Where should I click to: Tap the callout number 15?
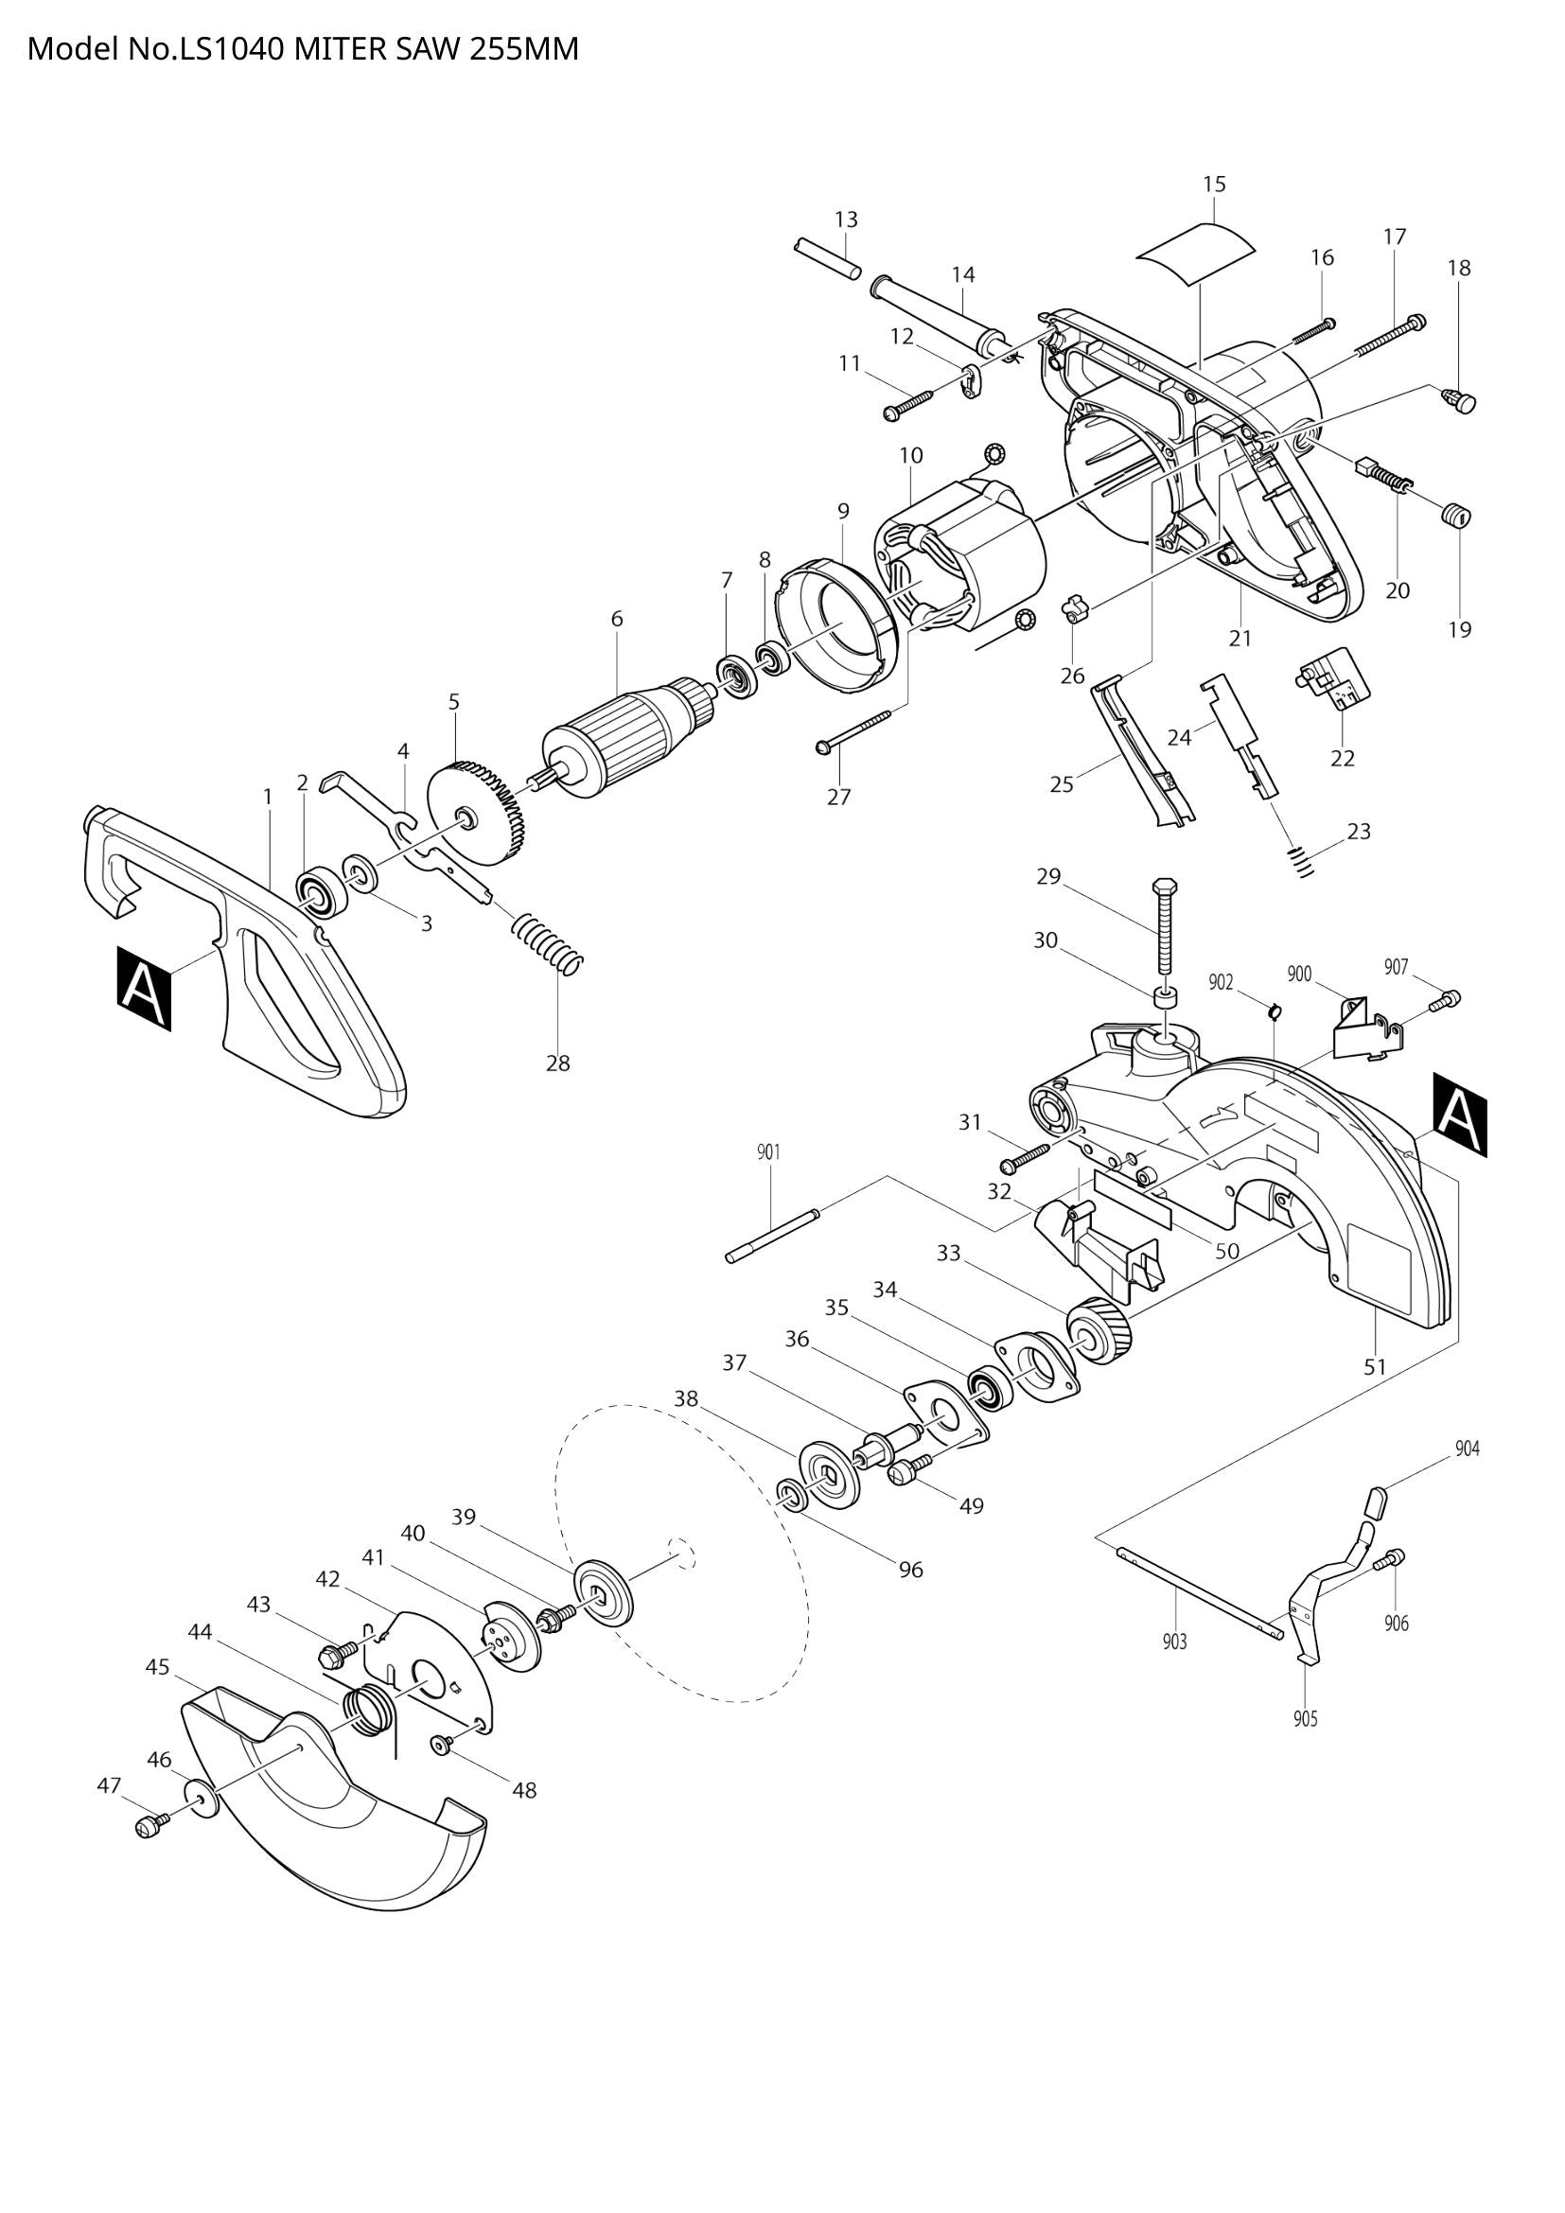1214,184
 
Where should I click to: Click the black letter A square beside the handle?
145,988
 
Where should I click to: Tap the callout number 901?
768,1151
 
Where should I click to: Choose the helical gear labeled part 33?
1100,1332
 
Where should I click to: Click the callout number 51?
1374,1367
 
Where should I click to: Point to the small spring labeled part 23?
1301,860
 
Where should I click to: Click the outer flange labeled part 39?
604,1600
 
